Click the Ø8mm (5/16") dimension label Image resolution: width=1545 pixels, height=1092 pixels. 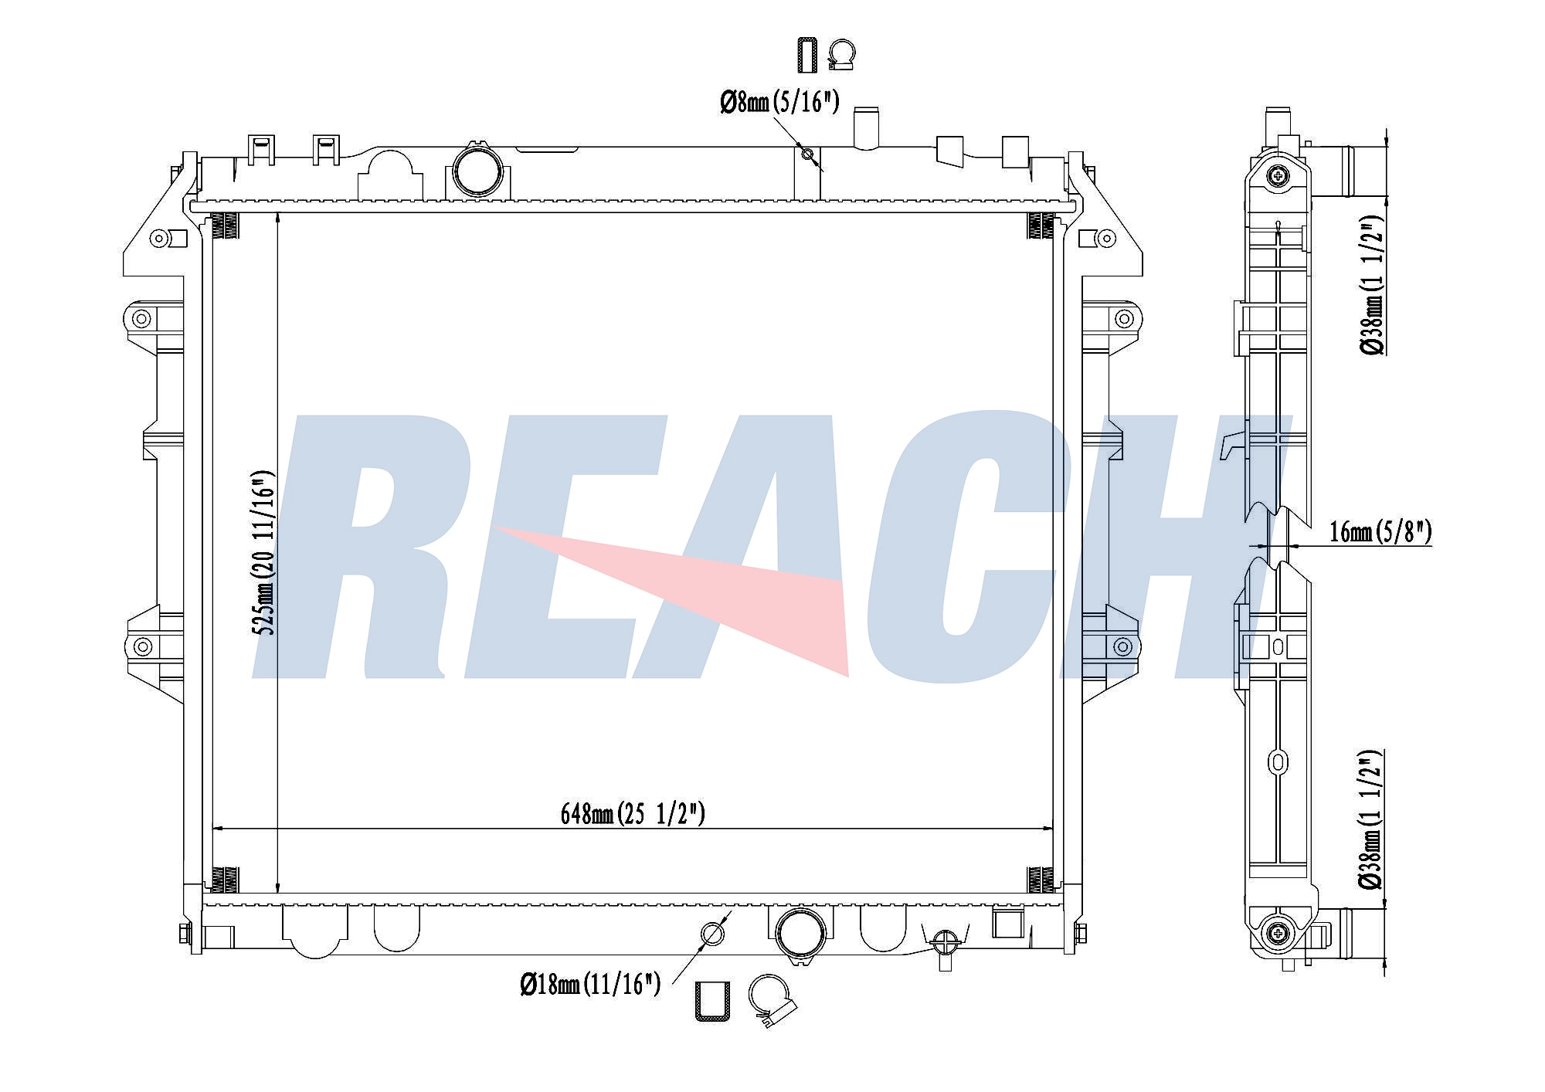coord(779,102)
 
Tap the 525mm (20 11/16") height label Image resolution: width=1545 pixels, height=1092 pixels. coord(265,551)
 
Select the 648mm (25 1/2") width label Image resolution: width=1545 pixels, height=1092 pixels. coord(633,813)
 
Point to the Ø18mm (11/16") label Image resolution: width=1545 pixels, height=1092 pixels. coord(590,984)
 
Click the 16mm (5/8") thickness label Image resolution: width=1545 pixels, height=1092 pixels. coord(1380,531)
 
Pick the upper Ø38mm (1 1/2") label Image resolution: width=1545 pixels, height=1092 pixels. coord(1372,284)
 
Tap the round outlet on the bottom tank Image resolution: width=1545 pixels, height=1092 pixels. coord(801,934)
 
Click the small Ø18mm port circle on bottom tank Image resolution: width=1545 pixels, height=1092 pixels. coord(712,934)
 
